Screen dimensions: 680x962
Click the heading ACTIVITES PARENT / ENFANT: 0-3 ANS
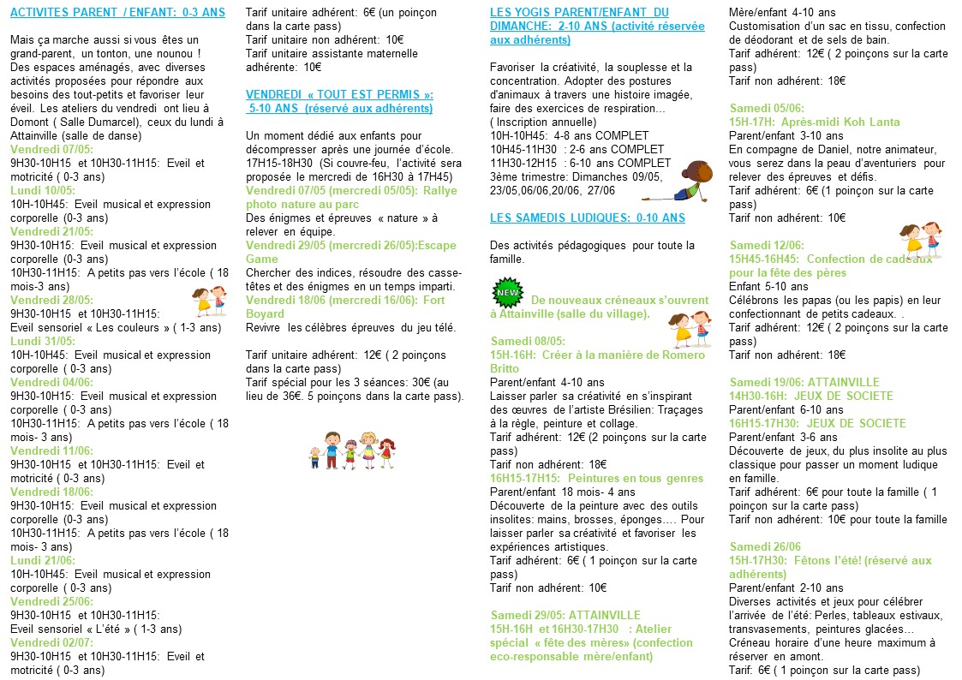pos(118,13)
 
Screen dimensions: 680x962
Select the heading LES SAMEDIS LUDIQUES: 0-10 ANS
pos(588,218)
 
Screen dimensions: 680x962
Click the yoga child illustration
pos(690,182)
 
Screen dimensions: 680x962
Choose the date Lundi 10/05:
pos(43,190)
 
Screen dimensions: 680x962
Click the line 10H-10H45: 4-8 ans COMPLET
pos(580,136)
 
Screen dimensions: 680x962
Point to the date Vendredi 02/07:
pos(51,642)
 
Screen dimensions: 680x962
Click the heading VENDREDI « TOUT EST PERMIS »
pos(339,94)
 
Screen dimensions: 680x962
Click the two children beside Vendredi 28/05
pos(209,301)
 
